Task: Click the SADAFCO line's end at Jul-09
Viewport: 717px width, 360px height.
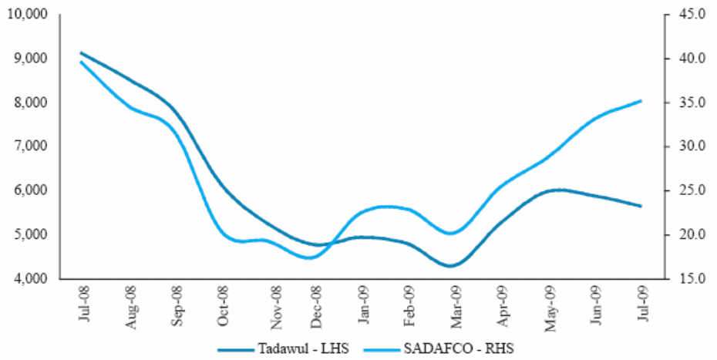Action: (x=641, y=101)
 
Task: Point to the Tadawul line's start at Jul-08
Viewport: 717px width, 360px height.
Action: (x=82, y=53)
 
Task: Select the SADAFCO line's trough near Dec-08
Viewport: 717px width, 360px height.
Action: (x=310, y=257)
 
